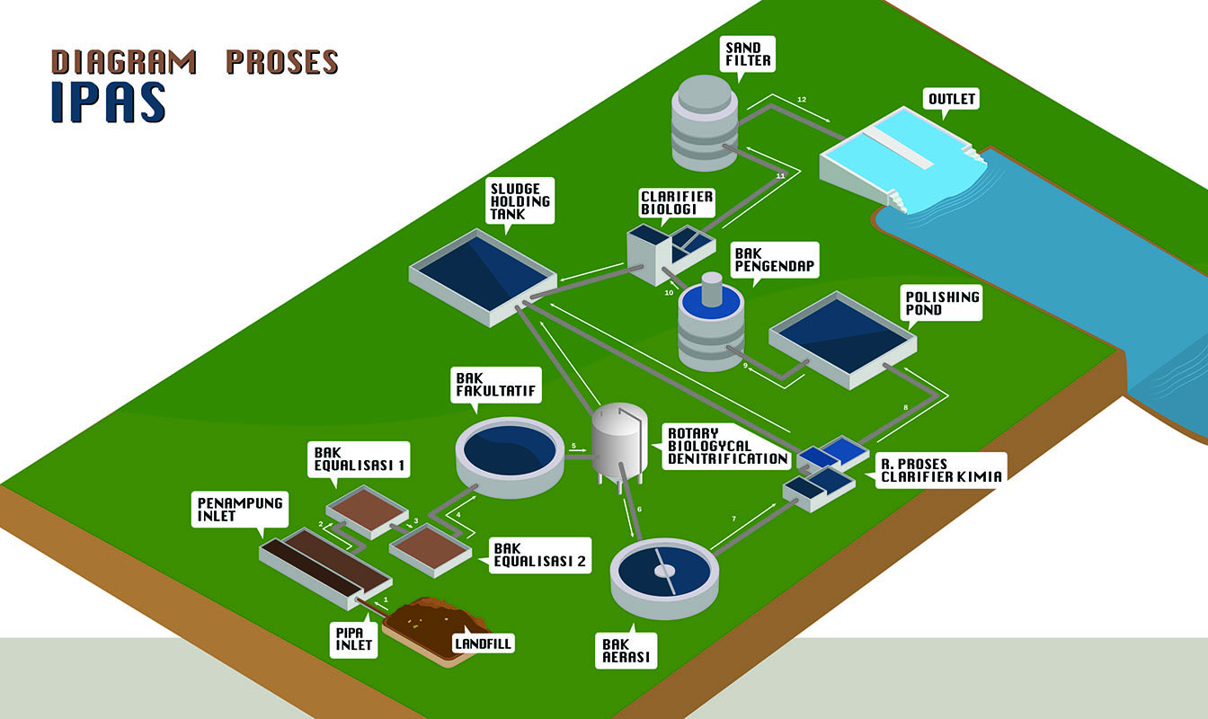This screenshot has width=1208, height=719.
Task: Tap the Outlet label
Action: pos(951,99)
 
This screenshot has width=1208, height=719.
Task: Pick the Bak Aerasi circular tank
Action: pos(664,573)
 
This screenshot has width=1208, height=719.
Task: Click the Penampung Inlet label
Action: pos(240,510)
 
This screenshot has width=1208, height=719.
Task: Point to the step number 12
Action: pos(803,98)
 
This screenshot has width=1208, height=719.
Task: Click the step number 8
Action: pos(906,408)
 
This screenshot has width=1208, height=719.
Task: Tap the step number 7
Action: pos(734,519)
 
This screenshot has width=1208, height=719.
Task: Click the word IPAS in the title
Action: pos(108,102)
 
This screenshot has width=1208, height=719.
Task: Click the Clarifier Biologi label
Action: pos(677,203)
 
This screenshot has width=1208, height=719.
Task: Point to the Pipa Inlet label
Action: pos(350,637)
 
